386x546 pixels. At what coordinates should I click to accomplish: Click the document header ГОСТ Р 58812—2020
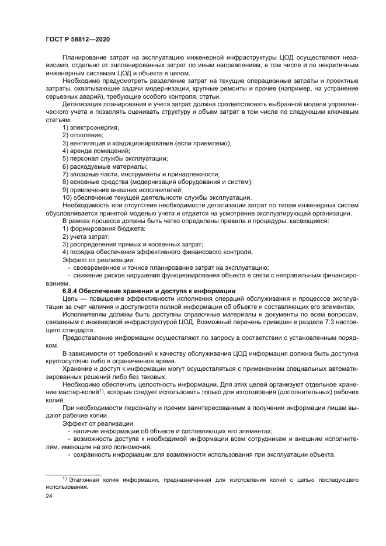[x=77, y=39]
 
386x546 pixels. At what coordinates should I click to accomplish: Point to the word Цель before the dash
[x=70, y=298]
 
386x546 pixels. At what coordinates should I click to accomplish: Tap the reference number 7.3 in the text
[x=324, y=322]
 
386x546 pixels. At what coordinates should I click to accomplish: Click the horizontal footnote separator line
[x=74, y=473]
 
